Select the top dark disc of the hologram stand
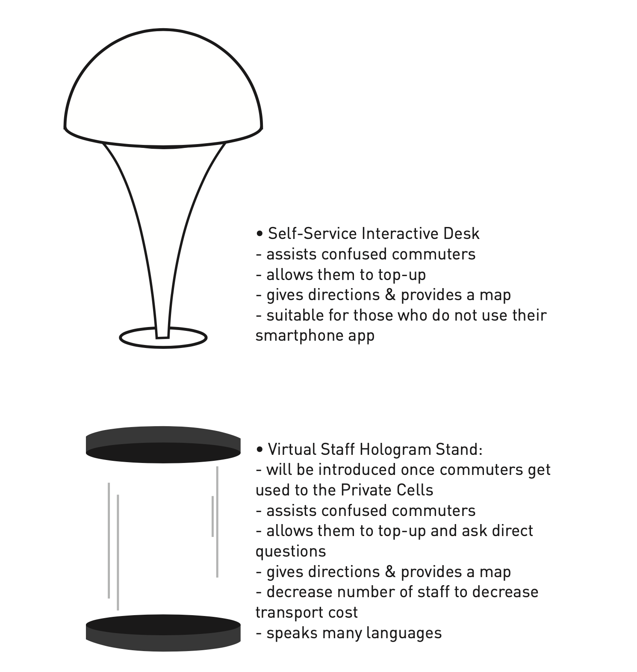tap(163, 445)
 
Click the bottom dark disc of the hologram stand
tap(163, 633)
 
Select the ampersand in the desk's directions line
tap(390, 295)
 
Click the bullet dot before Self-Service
tap(260, 234)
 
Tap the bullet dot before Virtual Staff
tap(260, 450)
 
